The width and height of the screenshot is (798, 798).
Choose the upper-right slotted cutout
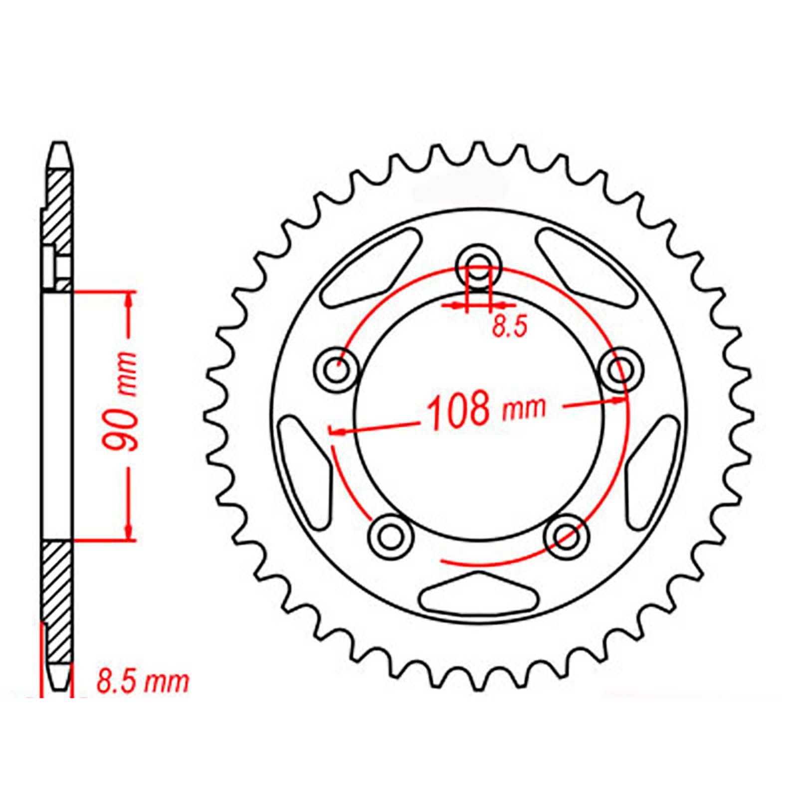pos(586,269)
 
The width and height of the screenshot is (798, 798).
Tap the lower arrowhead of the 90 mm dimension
pos(129,533)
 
